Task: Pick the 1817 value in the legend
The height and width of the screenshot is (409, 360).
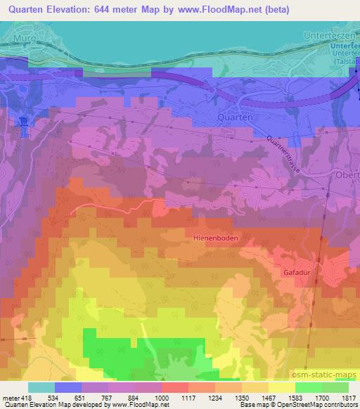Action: pyautogui.click(x=349, y=398)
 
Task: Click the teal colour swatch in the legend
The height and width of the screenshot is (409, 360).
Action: pyautogui.click(x=41, y=387)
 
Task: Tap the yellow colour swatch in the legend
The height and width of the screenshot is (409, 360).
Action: pyautogui.click(x=281, y=387)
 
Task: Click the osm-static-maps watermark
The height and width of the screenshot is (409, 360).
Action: pyautogui.click(x=328, y=372)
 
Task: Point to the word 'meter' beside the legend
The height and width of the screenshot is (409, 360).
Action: pyautogui.click(x=8, y=398)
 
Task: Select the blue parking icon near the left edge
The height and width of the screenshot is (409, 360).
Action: pyautogui.click(x=22, y=120)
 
